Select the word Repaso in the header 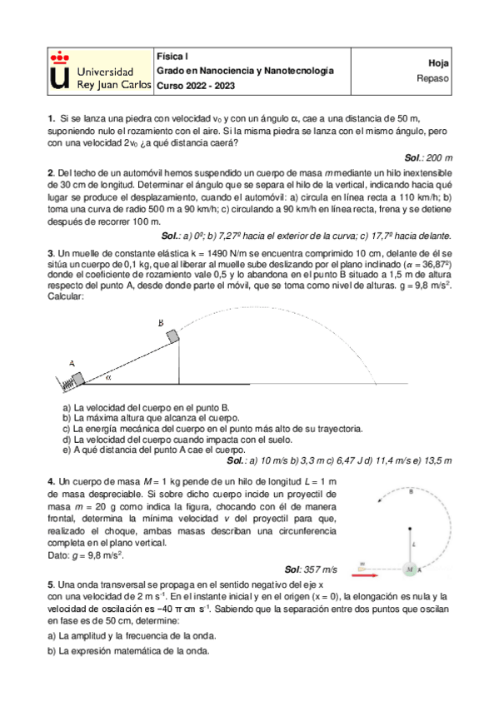(x=433, y=79)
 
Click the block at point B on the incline (x=172, y=336)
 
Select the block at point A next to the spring (x=77, y=380)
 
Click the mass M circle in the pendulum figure (x=409, y=569)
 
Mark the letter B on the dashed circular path (x=412, y=492)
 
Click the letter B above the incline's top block (x=160, y=322)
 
